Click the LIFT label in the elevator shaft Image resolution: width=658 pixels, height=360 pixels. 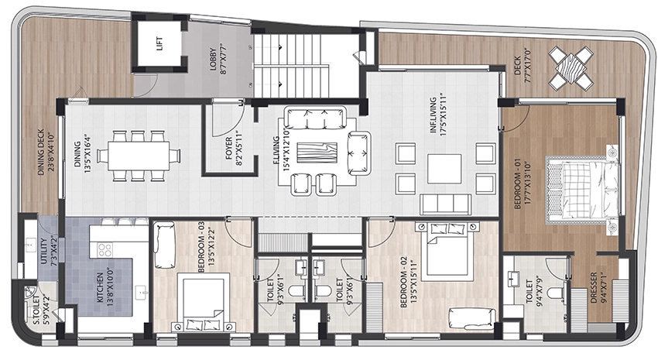coord(159,44)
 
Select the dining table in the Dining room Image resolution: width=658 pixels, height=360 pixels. coord(139,156)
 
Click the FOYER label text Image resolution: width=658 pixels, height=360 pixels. coord(228,148)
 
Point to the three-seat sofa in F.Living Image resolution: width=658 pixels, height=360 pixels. coord(315,118)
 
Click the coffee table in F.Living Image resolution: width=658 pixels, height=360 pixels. coord(317,153)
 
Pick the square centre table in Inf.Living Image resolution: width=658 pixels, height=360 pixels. coord(444,169)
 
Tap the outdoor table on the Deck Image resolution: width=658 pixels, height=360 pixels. coord(571,67)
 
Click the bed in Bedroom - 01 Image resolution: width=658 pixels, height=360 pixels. coord(582,187)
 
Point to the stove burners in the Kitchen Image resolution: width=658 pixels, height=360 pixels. coord(105,250)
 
